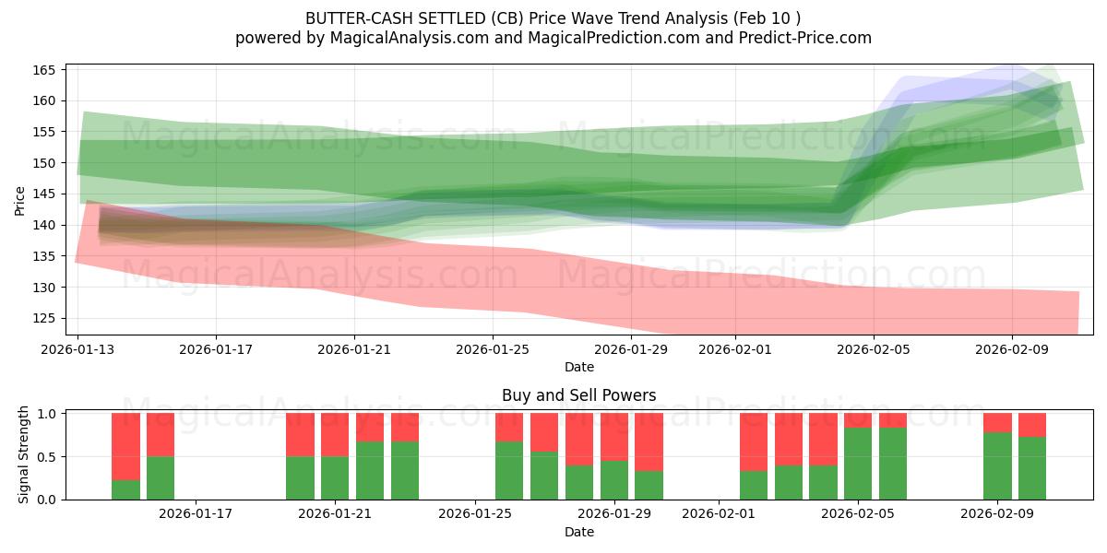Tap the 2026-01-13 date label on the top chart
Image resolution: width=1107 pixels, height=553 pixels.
click(77, 349)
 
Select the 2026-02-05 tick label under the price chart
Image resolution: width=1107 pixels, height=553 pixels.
click(874, 349)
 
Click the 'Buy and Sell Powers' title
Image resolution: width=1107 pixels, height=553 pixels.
click(578, 395)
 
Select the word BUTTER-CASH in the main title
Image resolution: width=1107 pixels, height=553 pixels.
click(347, 18)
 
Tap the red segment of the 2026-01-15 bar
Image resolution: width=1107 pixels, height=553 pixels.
click(161, 434)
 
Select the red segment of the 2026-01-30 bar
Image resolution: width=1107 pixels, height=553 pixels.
click(649, 441)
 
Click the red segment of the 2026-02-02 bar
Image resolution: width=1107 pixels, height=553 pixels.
click(754, 441)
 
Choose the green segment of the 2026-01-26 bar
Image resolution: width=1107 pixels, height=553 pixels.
click(509, 470)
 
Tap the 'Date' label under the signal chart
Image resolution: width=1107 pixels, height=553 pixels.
click(578, 532)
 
